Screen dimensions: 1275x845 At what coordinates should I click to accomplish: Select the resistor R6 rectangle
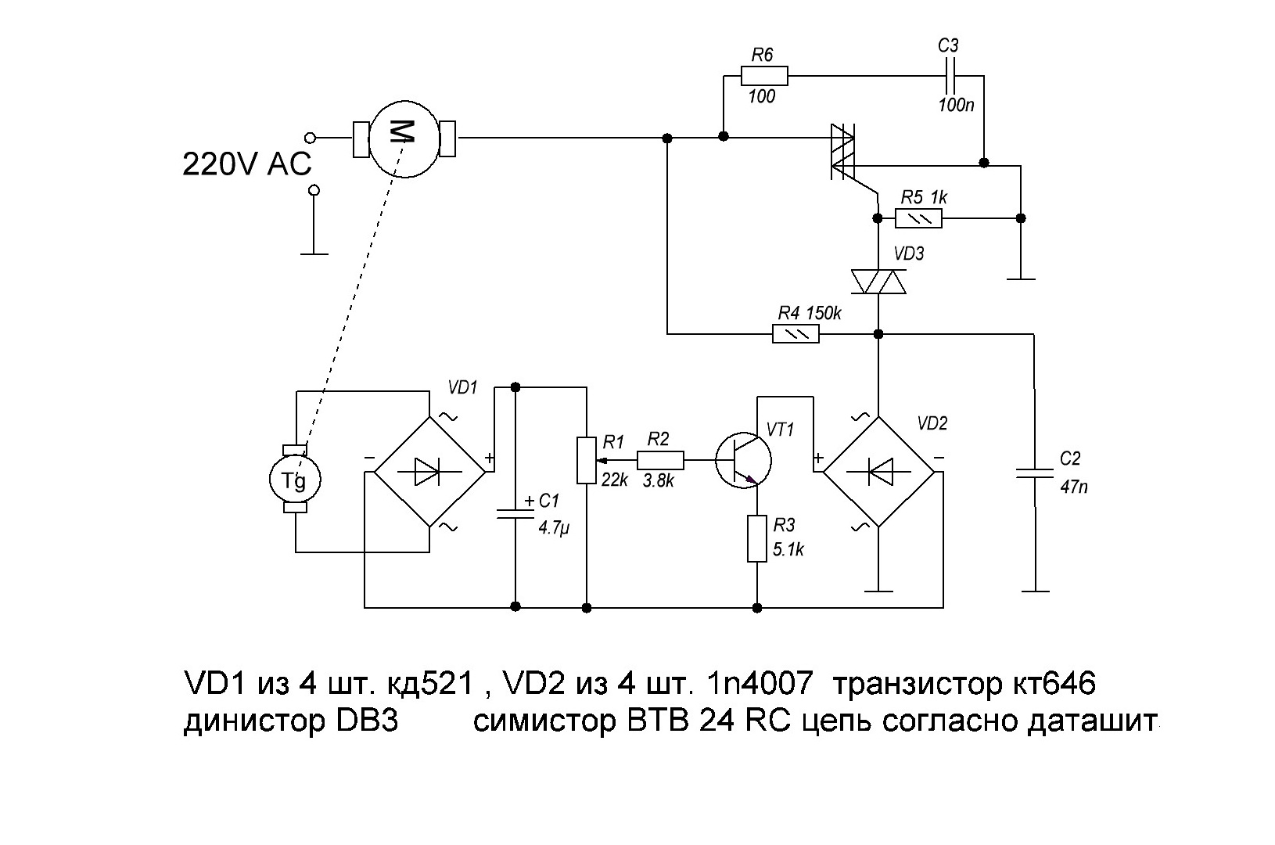click(764, 76)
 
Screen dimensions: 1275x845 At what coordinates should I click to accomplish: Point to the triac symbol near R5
click(843, 152)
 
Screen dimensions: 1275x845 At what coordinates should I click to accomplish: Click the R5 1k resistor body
click(918, 218)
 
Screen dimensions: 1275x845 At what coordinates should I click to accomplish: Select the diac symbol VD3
click(878, 282)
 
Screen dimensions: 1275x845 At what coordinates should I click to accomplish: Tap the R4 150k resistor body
click(796, 333)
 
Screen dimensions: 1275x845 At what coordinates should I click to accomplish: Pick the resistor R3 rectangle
click(757, 538)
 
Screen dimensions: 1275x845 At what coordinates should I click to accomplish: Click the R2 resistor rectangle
click(660, 460)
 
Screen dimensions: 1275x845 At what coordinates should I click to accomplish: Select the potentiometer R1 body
click(587, 460)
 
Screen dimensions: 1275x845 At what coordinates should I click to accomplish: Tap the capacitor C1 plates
click(515, 513)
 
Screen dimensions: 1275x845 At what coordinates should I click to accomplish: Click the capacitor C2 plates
click(1035, 473)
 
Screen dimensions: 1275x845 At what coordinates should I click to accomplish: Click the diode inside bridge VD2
click(878, 472)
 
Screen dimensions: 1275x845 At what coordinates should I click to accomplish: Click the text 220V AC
click(247, 164)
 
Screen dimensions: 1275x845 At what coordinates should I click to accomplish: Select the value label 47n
click(1074, 487)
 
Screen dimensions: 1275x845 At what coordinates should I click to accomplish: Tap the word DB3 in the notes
click(367, 721)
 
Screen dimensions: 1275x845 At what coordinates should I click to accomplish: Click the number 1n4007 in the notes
click(759, 683)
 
